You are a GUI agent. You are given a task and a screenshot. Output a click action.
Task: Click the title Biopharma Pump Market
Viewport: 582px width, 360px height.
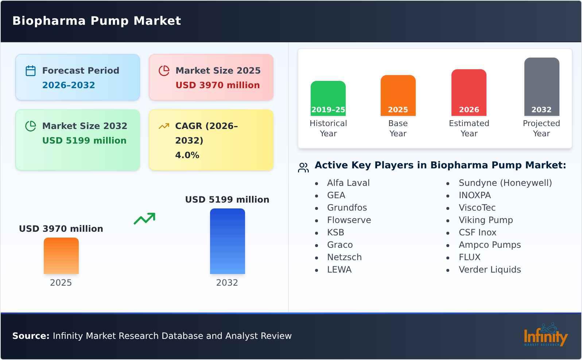click(97, 21)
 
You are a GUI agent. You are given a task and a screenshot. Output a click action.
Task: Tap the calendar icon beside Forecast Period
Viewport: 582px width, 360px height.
click(31, 71)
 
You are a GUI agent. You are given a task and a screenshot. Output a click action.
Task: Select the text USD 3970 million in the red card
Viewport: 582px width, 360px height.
click(218, 85)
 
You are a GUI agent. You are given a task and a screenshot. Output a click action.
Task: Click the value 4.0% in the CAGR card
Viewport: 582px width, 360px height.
click(187, 155)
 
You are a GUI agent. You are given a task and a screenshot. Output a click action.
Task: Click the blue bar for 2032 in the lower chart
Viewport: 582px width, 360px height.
click(227, 241)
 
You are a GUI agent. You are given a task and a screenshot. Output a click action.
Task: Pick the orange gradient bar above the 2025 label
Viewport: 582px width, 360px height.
click(61, 256)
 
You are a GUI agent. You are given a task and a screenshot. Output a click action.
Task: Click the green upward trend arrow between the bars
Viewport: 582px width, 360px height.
click(144, 219)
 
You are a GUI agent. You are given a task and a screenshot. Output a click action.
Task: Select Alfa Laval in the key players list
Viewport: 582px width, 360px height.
click(348, 183)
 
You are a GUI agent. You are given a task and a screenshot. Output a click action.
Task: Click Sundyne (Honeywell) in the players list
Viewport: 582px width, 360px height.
click(505, 183)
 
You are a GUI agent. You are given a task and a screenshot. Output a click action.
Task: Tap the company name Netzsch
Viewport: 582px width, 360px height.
click(344, 257)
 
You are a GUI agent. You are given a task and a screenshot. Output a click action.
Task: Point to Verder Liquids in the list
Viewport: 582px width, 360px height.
click(490, 270)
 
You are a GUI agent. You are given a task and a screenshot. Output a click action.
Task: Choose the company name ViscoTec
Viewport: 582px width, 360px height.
click(477, 208)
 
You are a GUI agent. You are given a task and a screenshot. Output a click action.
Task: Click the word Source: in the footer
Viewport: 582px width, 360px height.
click(31, 336)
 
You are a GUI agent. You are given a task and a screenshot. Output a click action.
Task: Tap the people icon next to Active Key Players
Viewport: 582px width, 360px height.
click(303, 168)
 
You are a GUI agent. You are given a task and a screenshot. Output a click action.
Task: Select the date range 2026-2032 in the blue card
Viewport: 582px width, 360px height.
click(69, 85)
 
